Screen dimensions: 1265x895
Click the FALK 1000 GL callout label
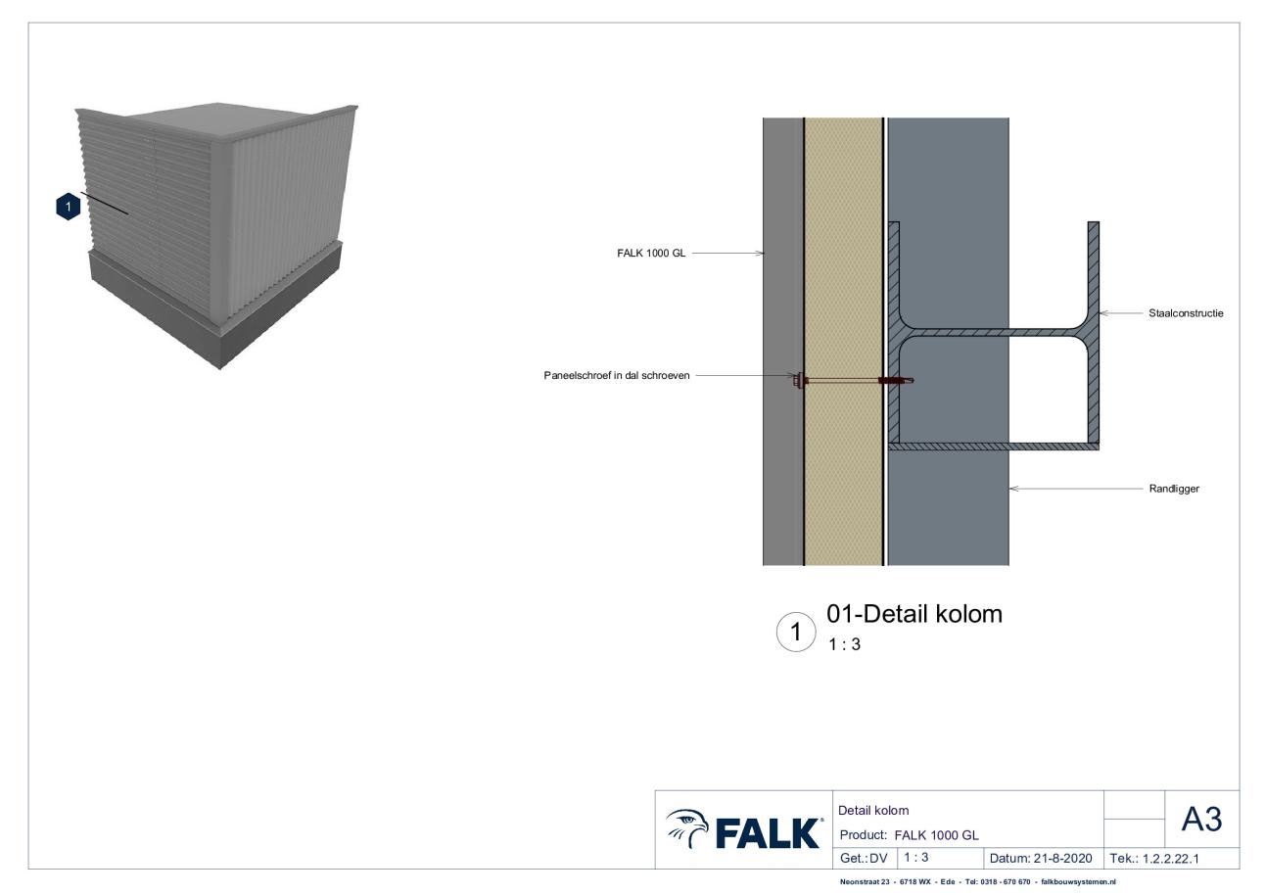tap(651, 254)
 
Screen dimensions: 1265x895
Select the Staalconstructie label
tap(1186, 313)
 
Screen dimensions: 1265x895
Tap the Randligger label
tap(1174, 489)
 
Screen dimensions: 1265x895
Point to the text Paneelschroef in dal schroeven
tap(617, 375)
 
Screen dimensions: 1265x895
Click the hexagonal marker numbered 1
tap(69, 207)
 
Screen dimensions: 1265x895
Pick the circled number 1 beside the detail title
tap(796, 633)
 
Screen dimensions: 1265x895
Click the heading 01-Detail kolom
tap(914, 614)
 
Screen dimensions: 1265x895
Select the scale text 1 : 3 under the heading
tap(844, 644)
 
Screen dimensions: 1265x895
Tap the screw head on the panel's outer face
tap(799, 380)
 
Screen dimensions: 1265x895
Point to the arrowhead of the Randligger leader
tap(1013, 489)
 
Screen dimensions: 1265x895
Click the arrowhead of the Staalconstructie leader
tap(1104, 313)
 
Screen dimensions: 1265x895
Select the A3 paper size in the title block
tap(1201, 820)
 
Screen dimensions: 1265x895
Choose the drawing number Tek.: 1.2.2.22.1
tap(1154, 859)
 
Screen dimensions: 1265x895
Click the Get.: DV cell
tap(864, 859)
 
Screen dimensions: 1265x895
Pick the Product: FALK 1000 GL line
tap(910, 835)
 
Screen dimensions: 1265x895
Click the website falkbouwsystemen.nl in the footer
tap(1079, 882)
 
